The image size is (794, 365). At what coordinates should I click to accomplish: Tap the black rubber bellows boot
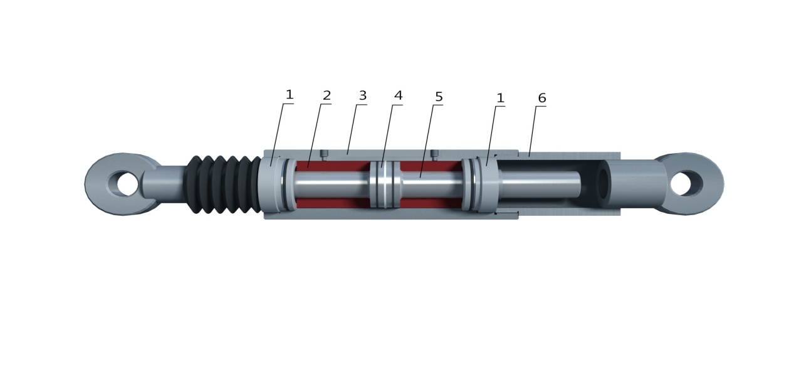click(226, 184)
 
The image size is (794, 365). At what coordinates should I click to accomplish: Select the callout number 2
click(326, 95)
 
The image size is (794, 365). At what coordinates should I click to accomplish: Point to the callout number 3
click(363, 95)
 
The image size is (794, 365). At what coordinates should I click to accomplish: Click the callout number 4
click(399, 95)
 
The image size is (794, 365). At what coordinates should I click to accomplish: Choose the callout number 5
click(439, 97)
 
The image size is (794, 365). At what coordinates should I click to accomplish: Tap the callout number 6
click(542, 98)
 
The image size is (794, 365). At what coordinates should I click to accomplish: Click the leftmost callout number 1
click(290, 94)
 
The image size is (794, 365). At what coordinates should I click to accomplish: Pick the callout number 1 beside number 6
click(500, 98)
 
